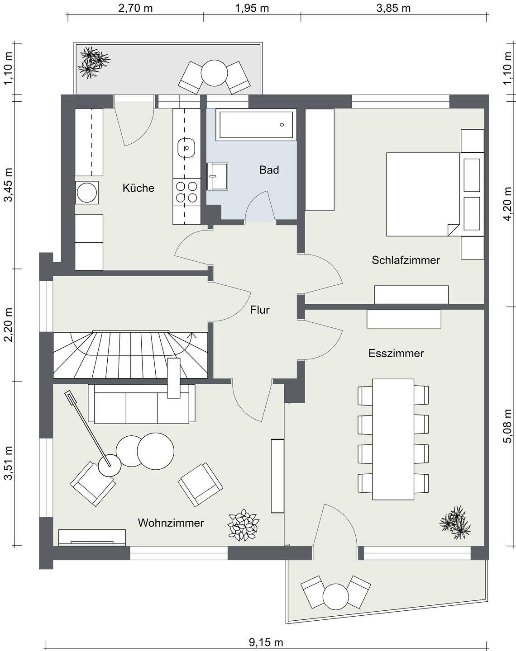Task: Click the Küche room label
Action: tap(138, 188)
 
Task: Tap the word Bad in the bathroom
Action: tap(269, 170)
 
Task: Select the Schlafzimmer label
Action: tap(406, 260)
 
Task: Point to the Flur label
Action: tap(260, 310)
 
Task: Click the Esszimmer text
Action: tap(396, 353)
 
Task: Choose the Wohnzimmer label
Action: tap(171, 523)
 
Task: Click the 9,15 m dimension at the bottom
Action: tap(266, 642)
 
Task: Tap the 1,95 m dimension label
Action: tap(252, 8)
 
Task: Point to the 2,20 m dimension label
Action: tap(8, 324)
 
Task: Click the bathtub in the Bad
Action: tap(256, 125)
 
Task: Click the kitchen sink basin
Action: tap(186, 147)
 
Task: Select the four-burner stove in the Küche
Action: tap(186, 191)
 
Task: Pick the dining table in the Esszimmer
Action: tap(393, 439)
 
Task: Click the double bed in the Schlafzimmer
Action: tap(423, 194)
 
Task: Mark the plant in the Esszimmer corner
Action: tap(455, 523)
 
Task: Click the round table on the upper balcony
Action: tap(215, 72)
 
